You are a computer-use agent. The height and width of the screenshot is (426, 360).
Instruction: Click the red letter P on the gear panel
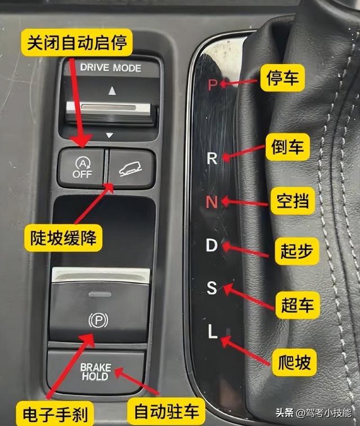[213, 84]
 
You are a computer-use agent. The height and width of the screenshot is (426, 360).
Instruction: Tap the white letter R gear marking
[212, 158]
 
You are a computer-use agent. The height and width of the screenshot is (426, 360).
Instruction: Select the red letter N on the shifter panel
[211, 202]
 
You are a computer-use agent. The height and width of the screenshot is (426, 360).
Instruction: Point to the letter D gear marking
[211, 245]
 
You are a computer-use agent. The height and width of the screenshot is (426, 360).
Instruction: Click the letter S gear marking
[211, 288]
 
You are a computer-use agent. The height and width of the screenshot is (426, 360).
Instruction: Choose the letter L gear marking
[213, 331]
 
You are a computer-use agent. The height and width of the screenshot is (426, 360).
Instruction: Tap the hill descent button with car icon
[132, 168]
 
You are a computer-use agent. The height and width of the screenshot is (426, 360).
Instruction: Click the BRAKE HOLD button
[96, 371]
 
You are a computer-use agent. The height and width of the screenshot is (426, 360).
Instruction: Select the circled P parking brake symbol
[98, 321]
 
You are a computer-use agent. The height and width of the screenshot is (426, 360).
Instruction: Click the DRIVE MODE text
[110, 68]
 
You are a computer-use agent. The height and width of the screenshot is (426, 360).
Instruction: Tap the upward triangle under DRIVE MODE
[112, 91]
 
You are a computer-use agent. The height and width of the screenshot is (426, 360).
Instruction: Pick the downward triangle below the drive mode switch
[110, 135]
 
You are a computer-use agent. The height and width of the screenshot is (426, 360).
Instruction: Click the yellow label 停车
[282, 78]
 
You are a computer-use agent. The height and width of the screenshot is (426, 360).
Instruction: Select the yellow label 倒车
[287, 147]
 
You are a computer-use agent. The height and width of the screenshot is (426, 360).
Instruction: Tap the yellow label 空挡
[292, 201]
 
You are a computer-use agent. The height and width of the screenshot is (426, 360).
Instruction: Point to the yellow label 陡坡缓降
[63, 237]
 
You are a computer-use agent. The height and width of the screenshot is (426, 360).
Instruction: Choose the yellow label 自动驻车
[166, 411]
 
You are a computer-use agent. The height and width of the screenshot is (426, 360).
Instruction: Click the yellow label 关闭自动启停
[77, 43]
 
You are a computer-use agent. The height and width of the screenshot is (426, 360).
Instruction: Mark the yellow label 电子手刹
[55, 414]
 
